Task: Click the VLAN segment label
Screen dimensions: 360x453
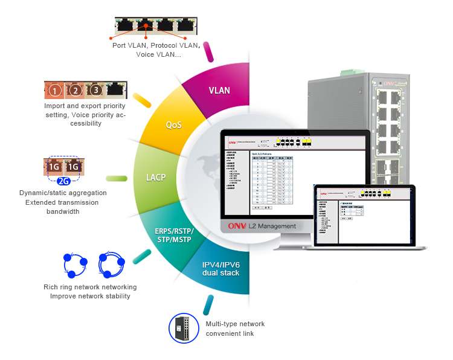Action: pos(219,91)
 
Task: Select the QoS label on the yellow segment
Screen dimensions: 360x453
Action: pos(174,125)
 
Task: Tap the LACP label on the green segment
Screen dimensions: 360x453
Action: pos(156,178)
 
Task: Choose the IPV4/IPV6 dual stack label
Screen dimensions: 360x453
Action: pos(221,269)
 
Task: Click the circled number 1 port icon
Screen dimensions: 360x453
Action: pos(55,91)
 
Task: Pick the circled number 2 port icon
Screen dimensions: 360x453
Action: pos(75,91)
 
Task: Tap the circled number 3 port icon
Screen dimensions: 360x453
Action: pos(95,91)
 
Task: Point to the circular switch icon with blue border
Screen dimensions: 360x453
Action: pos(183,328)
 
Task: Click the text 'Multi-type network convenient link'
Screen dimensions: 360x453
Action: pos(235,329)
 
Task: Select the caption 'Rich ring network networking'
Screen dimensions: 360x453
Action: pos(90,287)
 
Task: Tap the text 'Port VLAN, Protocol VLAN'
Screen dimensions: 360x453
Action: pos(156,45)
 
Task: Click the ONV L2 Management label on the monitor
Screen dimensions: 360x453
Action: pos(262,226)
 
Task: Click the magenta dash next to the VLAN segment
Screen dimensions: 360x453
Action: pos(209,51)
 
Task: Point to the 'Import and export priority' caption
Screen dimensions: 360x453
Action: pos(85,106)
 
